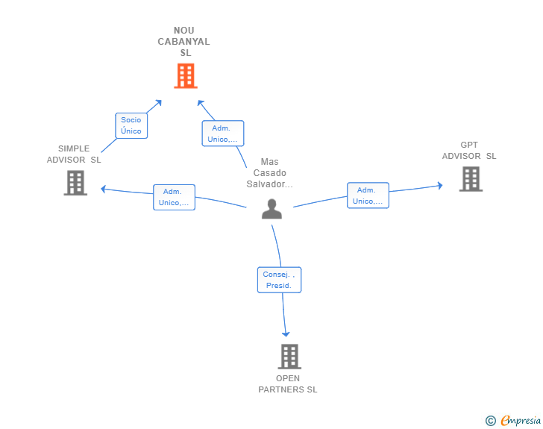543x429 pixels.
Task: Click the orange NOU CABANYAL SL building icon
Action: (x=185, y=75)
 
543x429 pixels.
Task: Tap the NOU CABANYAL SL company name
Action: (x=184, y=42)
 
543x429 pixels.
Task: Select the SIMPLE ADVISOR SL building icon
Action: (x=75, y=183)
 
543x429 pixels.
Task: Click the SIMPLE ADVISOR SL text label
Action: (x=74, y=154)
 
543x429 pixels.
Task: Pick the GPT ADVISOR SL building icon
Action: (x=470, y=179)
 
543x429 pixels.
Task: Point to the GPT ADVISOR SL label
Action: (x=468, y=150)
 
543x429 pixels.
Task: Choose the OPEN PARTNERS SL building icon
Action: (x=289, y=357)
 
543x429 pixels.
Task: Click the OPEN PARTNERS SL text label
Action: (x=288, y=383)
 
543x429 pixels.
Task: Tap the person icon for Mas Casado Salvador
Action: (x=271, y=209)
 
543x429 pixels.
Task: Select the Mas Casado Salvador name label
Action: (x=269, y=173)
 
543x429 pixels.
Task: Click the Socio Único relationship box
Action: (x=131, y=125)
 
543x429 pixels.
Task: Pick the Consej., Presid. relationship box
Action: (x=280, y=280)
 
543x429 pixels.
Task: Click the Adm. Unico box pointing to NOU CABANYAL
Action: (x=223, y=134)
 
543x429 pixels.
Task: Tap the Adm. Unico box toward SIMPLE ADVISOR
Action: (x=174, y=197)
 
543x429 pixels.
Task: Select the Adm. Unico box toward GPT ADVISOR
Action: (x=368, y=195)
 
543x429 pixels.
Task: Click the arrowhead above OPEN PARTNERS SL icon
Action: (x=286, y=334)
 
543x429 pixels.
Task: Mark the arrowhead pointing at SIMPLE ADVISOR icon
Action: (x=104, y=188)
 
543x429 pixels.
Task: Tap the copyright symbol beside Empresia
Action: (x=491, y=421)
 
